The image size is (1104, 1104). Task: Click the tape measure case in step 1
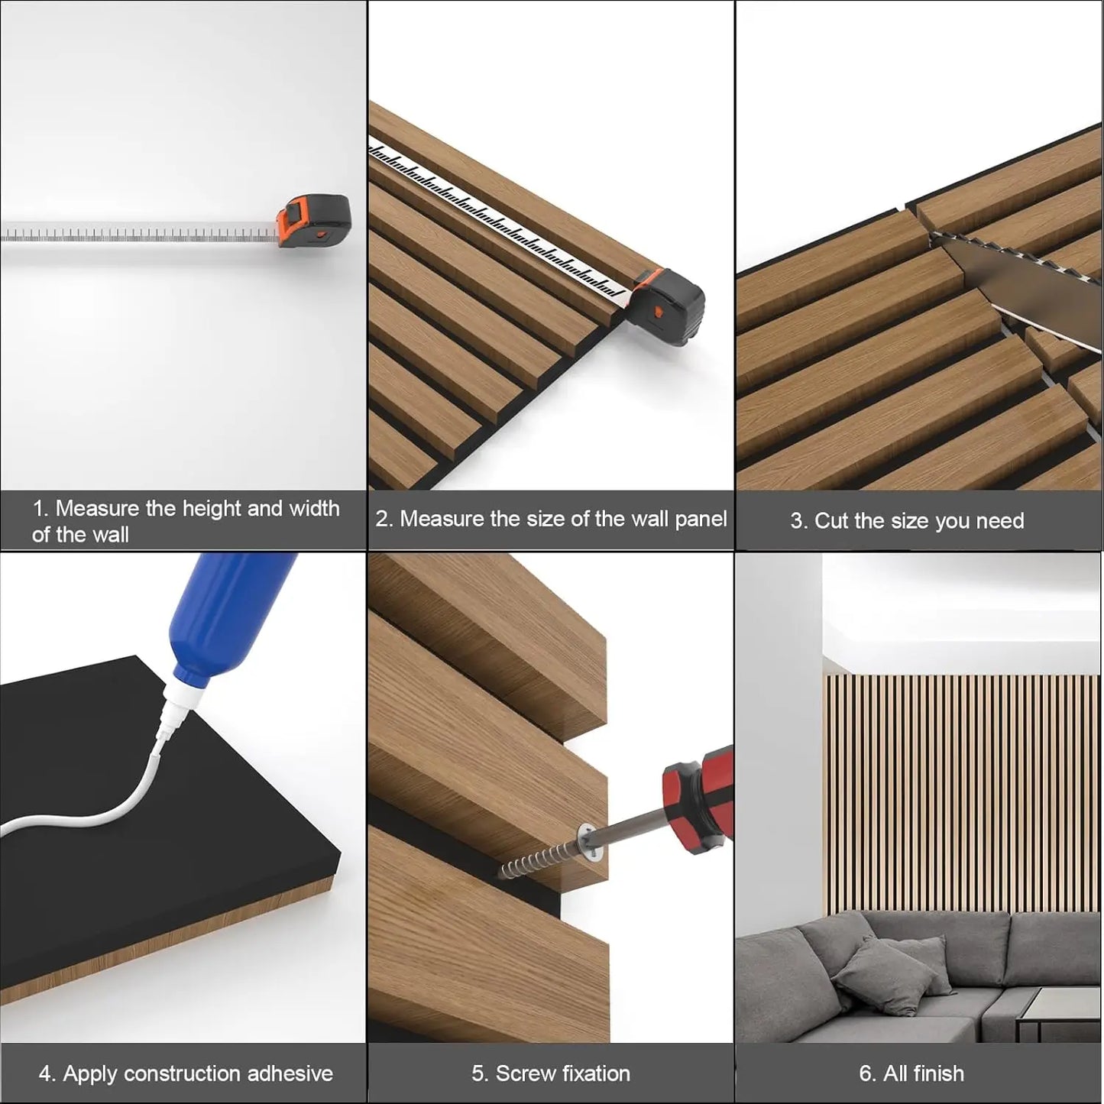pos(313,223)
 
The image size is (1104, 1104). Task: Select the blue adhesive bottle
pos(229,611)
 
